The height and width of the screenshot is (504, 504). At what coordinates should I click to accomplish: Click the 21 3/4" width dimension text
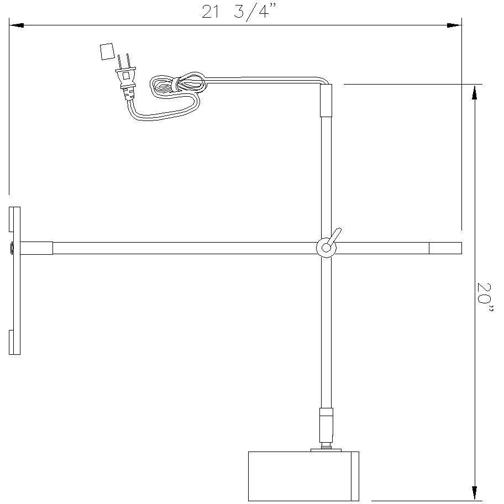[x=239, y=12]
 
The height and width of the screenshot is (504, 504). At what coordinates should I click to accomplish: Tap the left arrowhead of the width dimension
[x=16, y=25]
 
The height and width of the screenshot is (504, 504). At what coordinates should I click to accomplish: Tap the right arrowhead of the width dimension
[x=454, y=25]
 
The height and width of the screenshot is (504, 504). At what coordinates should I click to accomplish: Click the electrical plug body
[x=127, y=82]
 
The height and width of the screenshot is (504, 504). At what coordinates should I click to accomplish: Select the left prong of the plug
[x=119, y=61]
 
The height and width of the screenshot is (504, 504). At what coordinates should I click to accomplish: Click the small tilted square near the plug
[x=107, y=51]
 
